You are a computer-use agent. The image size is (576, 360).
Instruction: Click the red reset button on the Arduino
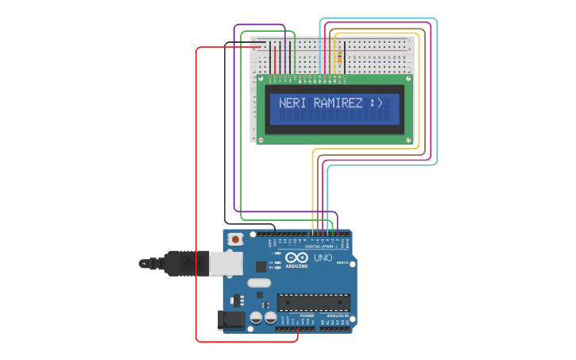click(x=235, y=239)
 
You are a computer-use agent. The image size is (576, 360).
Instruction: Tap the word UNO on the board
click(x=323, y=258)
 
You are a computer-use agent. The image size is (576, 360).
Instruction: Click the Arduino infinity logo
click(x=296, y=258)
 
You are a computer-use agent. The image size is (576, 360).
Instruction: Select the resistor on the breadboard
click(x=340, y=57)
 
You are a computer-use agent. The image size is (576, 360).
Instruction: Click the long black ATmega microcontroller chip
click(x=313, y=302)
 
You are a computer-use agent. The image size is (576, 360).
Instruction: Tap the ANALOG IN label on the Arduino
click(x=336, y=315)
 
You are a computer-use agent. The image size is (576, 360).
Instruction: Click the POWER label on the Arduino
click(x=307, y=315)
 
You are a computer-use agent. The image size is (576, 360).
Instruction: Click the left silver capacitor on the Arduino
click(x=256, y=318)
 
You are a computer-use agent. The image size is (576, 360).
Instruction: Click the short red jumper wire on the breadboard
click(x=276, y=58)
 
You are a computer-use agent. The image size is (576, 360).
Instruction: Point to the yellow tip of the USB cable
click(x=143, y=263)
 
